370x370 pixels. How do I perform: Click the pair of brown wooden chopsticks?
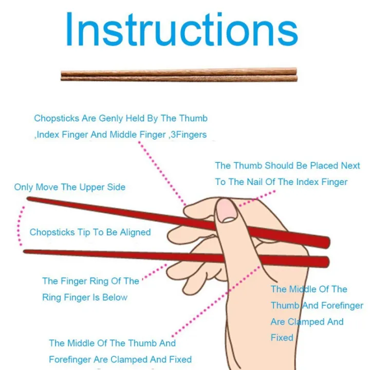point(179,75)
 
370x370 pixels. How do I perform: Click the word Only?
point(24,187)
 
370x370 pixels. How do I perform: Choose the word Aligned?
point(135,232)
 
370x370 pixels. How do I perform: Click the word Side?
point(116,187)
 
